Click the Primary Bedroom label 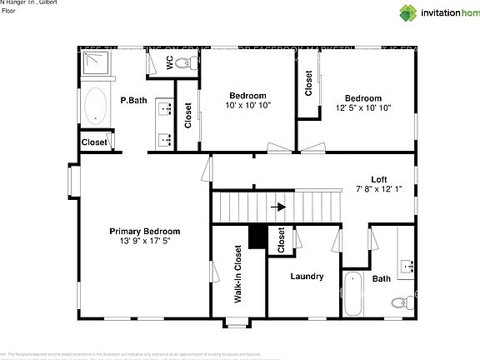pos(145,231)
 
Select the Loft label pos(379,179)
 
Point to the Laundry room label pos(307,277)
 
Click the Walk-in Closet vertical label pos(238,273)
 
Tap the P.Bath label pos(133,101)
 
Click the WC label pos(169,62)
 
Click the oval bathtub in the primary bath pos(96,106)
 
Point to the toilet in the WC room pos(190,62)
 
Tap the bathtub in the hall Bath pos(352,293)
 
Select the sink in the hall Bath pos(407,267)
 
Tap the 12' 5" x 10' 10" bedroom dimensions pos(363,108)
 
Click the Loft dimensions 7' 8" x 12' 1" pos(379,189)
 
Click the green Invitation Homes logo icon pos(409,12)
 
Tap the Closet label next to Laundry pos(281,240)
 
